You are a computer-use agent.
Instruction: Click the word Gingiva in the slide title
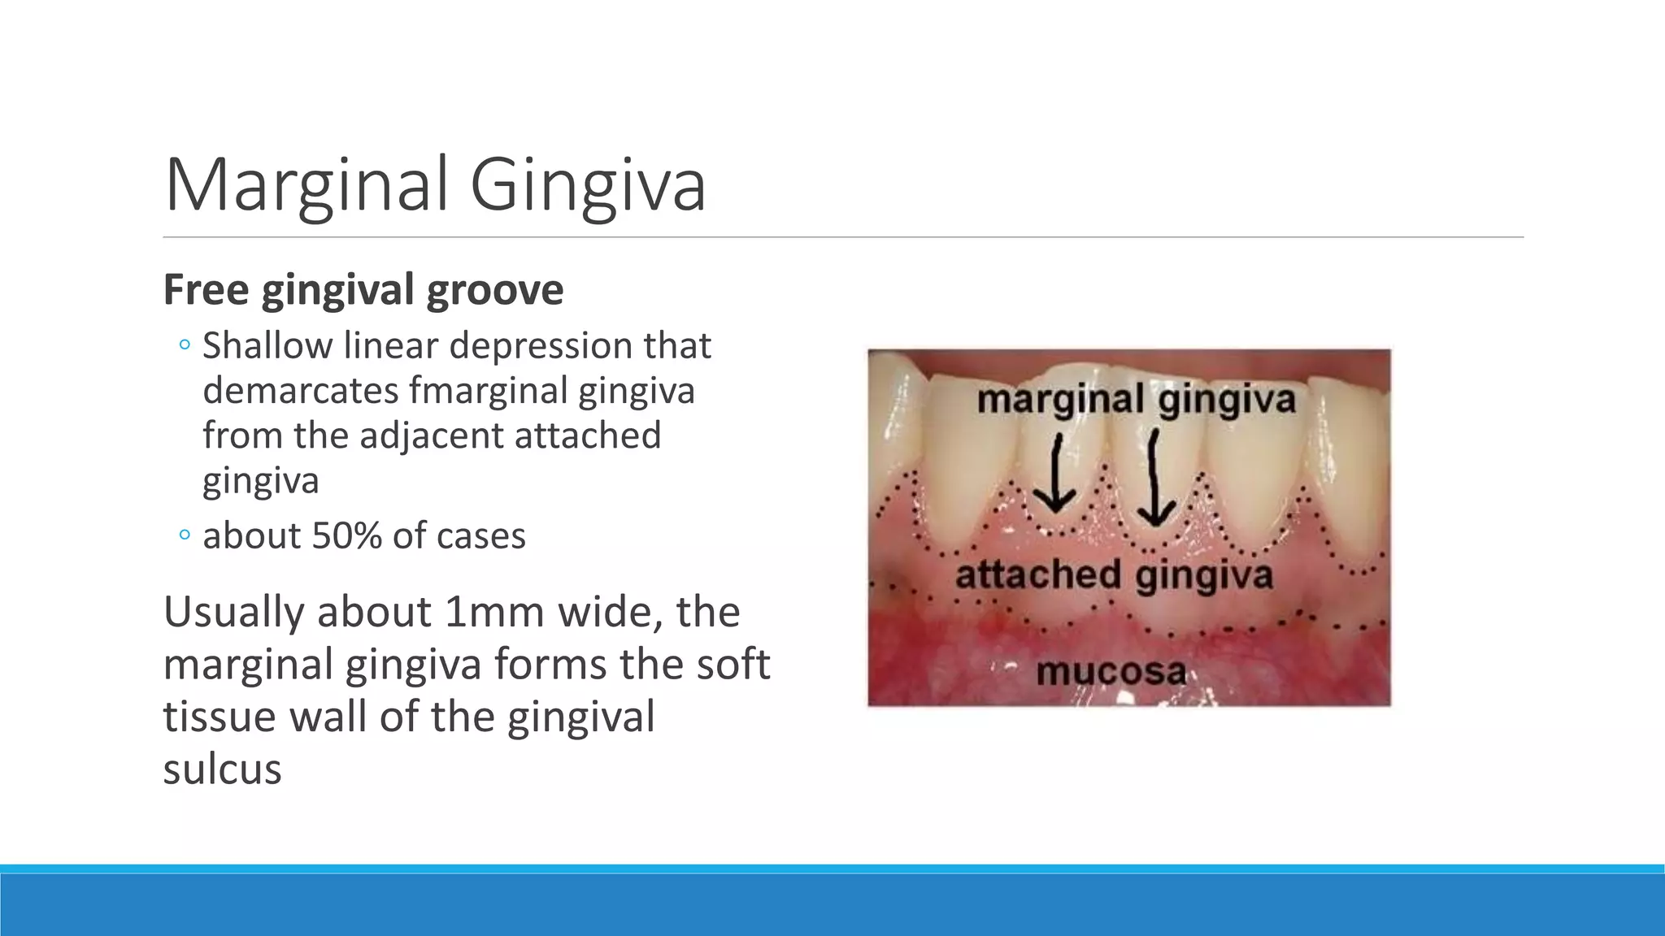587,186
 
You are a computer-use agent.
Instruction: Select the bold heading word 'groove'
494,290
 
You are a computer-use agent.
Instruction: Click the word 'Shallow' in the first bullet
267,346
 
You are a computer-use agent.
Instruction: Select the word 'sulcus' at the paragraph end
222,769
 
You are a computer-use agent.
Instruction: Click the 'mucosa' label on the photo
1111,672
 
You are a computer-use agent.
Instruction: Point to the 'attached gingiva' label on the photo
1114,575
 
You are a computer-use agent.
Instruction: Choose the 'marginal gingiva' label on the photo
1136,401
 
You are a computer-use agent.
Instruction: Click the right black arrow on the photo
1155,479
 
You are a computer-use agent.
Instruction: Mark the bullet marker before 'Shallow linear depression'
185,346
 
